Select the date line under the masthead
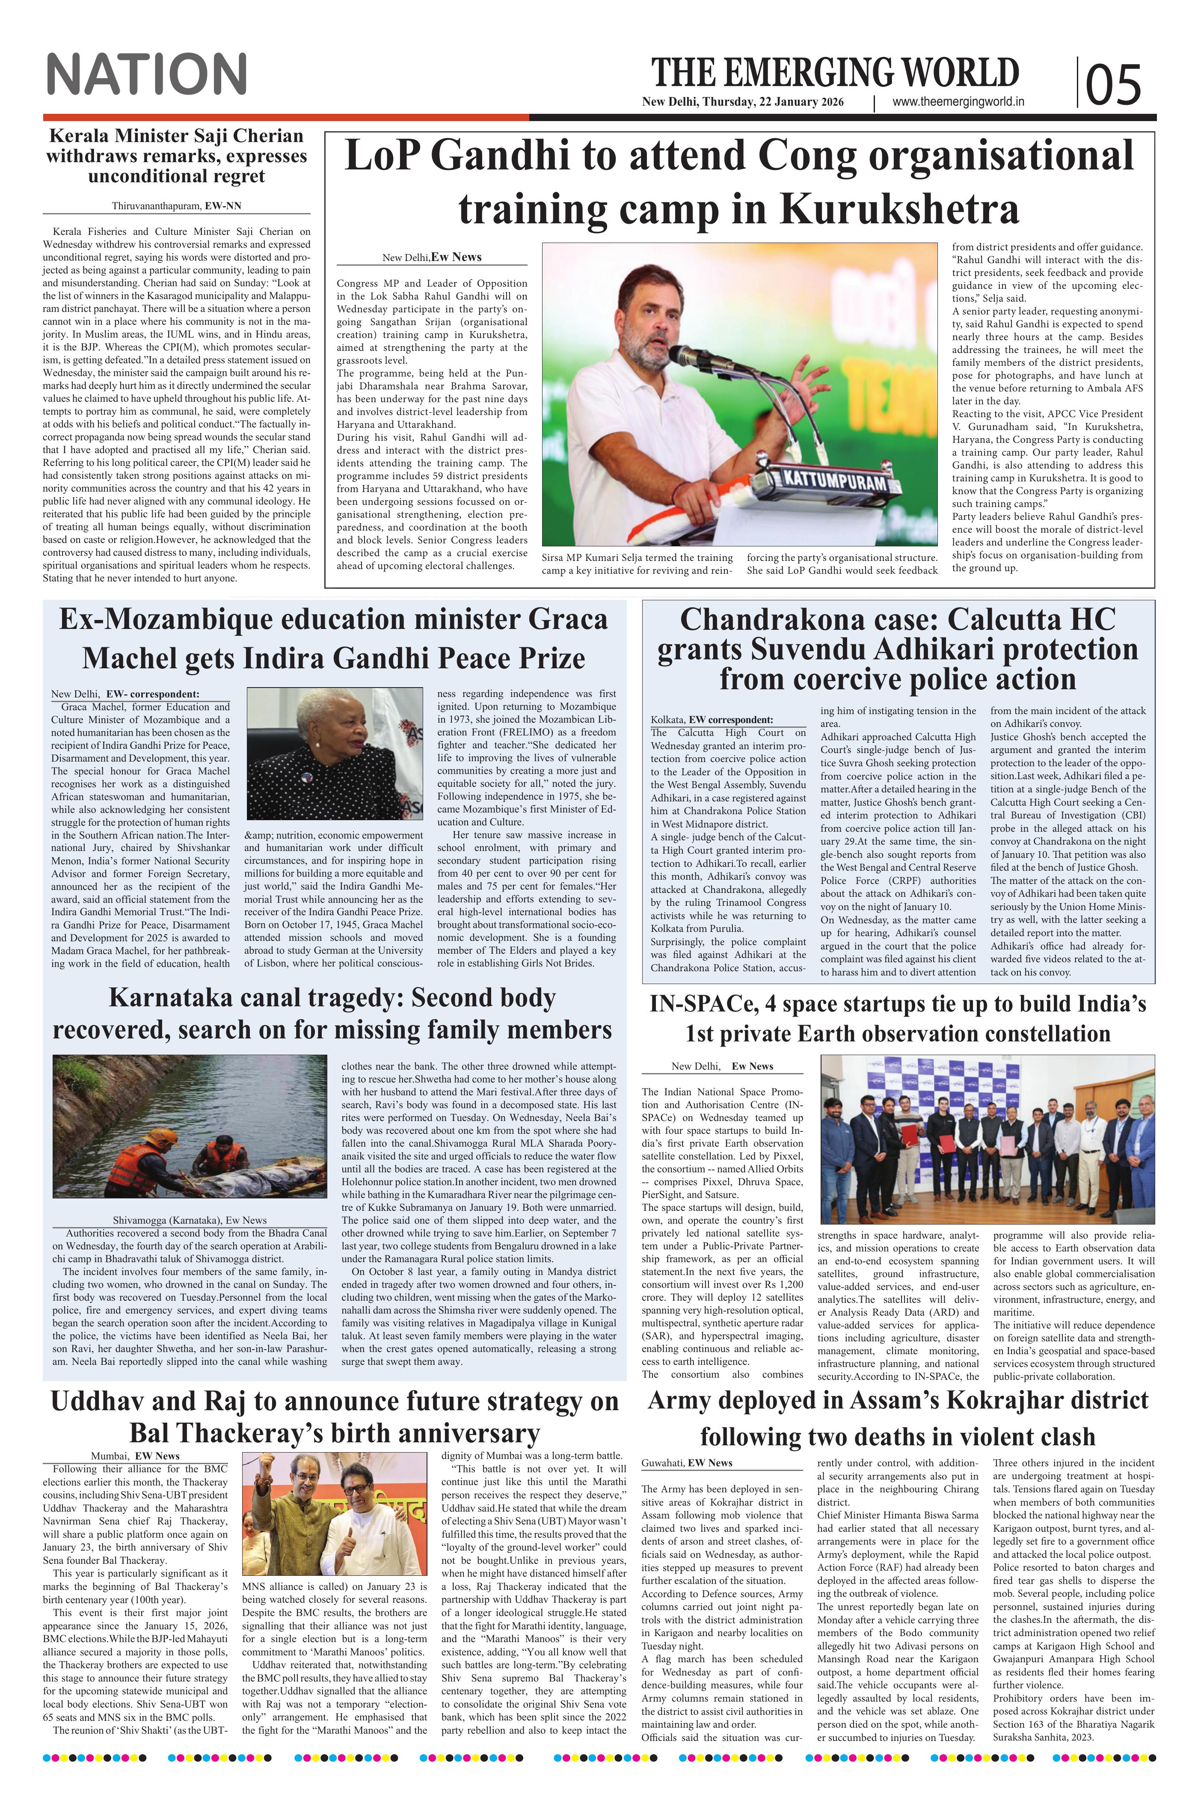click(743, 102)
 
